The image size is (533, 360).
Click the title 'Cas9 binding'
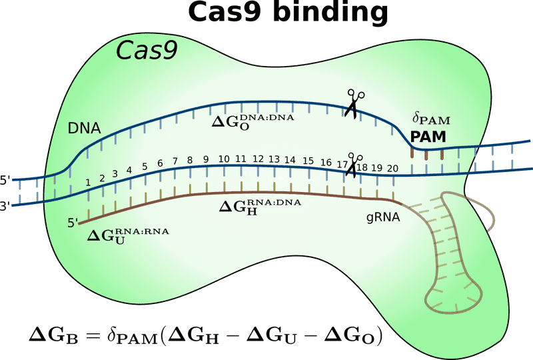click(x=288, y=12)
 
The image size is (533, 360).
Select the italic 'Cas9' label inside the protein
click(x=147, y=50)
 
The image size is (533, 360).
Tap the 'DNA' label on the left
click(x=84, y=128)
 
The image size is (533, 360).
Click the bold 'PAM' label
click(x=428, y=137)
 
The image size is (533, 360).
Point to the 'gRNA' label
click(x=382, y=217)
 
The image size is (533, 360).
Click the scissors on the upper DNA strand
click(x=352, y=103)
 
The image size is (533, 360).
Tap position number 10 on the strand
click(x=223, y=159)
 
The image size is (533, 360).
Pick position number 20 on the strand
click(x=393, y=168)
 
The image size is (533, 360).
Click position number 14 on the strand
click(x=289, y=160)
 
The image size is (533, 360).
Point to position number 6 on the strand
click(x=160, y=164)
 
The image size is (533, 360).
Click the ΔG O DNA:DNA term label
click(x=253, y=121)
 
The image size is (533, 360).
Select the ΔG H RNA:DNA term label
click(x=260, y=205)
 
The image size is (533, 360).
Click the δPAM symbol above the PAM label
click(x=431, y=120)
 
